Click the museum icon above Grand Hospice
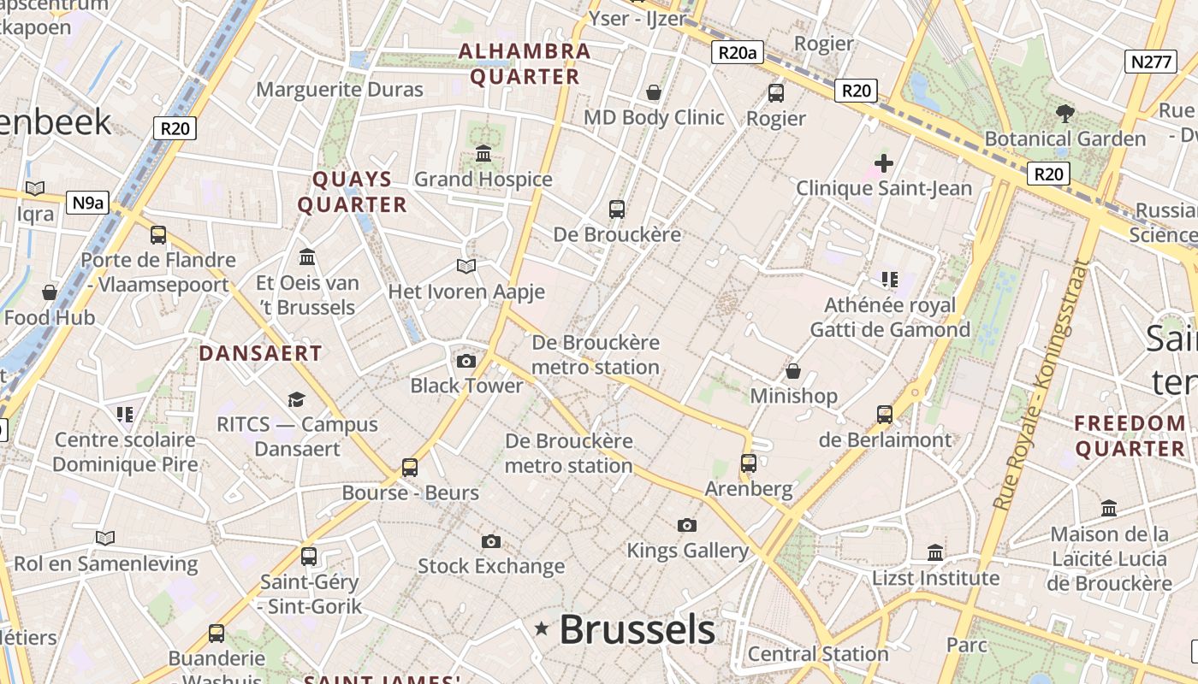(x=483, y=154)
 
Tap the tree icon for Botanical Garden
(x=1065, y=113)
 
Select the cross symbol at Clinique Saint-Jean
(x=884, y=162)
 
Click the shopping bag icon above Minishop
(x=793, y=371)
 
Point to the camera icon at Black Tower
(x=466, y=361)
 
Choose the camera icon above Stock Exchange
(x=490, y=541)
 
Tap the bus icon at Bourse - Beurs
(x=410, y=468)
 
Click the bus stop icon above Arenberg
(x=749, y=463)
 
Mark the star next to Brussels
(x=542, y=629)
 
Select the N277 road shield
(x=1150, y=61)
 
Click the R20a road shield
(x=737, y=53)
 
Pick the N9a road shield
(x=89, y=203)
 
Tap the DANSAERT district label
(x=260, y=353)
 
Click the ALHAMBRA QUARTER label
(x=525, y=64)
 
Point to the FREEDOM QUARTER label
(x=1130, y=435)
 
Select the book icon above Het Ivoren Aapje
(x=466, y=267)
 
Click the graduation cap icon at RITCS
(x=296, y=399)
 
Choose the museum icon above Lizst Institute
(x=935, y=552)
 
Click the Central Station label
(x=818, y=654)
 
